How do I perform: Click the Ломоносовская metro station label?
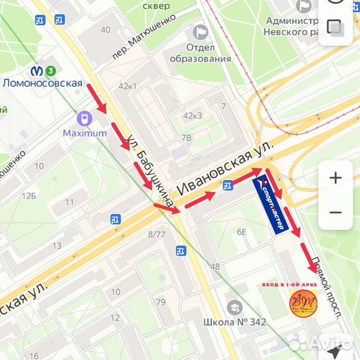point(43,83)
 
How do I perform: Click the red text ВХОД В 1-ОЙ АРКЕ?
point(290,285)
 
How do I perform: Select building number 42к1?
point(127,86)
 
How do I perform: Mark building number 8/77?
point(156,234)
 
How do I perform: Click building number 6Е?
point(241,231)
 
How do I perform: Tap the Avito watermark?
point(320,343)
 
